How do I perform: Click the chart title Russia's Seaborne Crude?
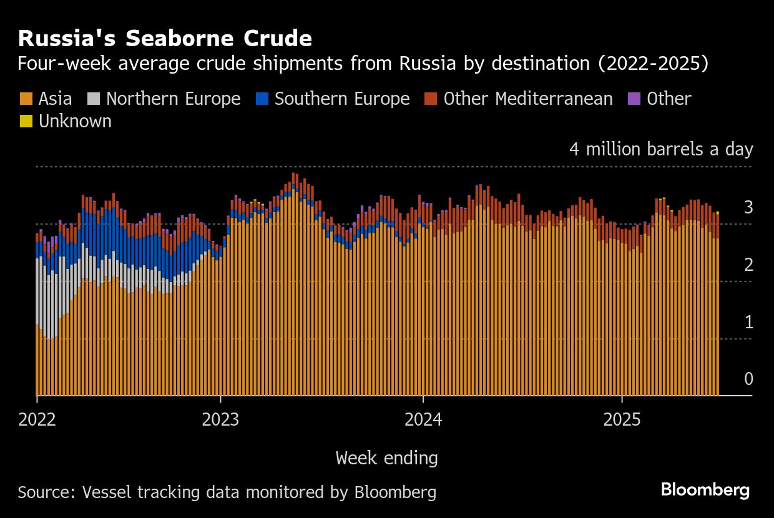click(x=165, y=39)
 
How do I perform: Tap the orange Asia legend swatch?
click(x=26, y=99)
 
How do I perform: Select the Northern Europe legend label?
click(x=173, y=99)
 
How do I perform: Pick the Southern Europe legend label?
click(x=342, y=99)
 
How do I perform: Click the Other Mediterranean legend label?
click(x=528, y=99)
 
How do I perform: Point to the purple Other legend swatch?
click(x=634, y=99)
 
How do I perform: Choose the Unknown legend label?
click(x=75, y=121)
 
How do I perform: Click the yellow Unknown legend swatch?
click(x=26, y=121)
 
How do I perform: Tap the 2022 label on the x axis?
click(x=37, y=419)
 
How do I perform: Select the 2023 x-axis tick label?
click(x=221, y=419)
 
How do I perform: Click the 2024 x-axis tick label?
click(x=423, y=419)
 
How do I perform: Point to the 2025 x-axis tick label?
click(x=622, y=419)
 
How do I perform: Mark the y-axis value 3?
click(x=748, y=208)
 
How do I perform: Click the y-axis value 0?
click(x=748, y=379)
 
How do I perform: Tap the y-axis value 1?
click(x=748, y=323)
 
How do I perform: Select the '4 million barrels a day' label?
click(x=660, y=150)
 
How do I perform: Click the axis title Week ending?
click(x=386, y=458)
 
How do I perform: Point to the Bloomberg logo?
click(x=705, y=490)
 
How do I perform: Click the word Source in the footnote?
click(x=44, y=492)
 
